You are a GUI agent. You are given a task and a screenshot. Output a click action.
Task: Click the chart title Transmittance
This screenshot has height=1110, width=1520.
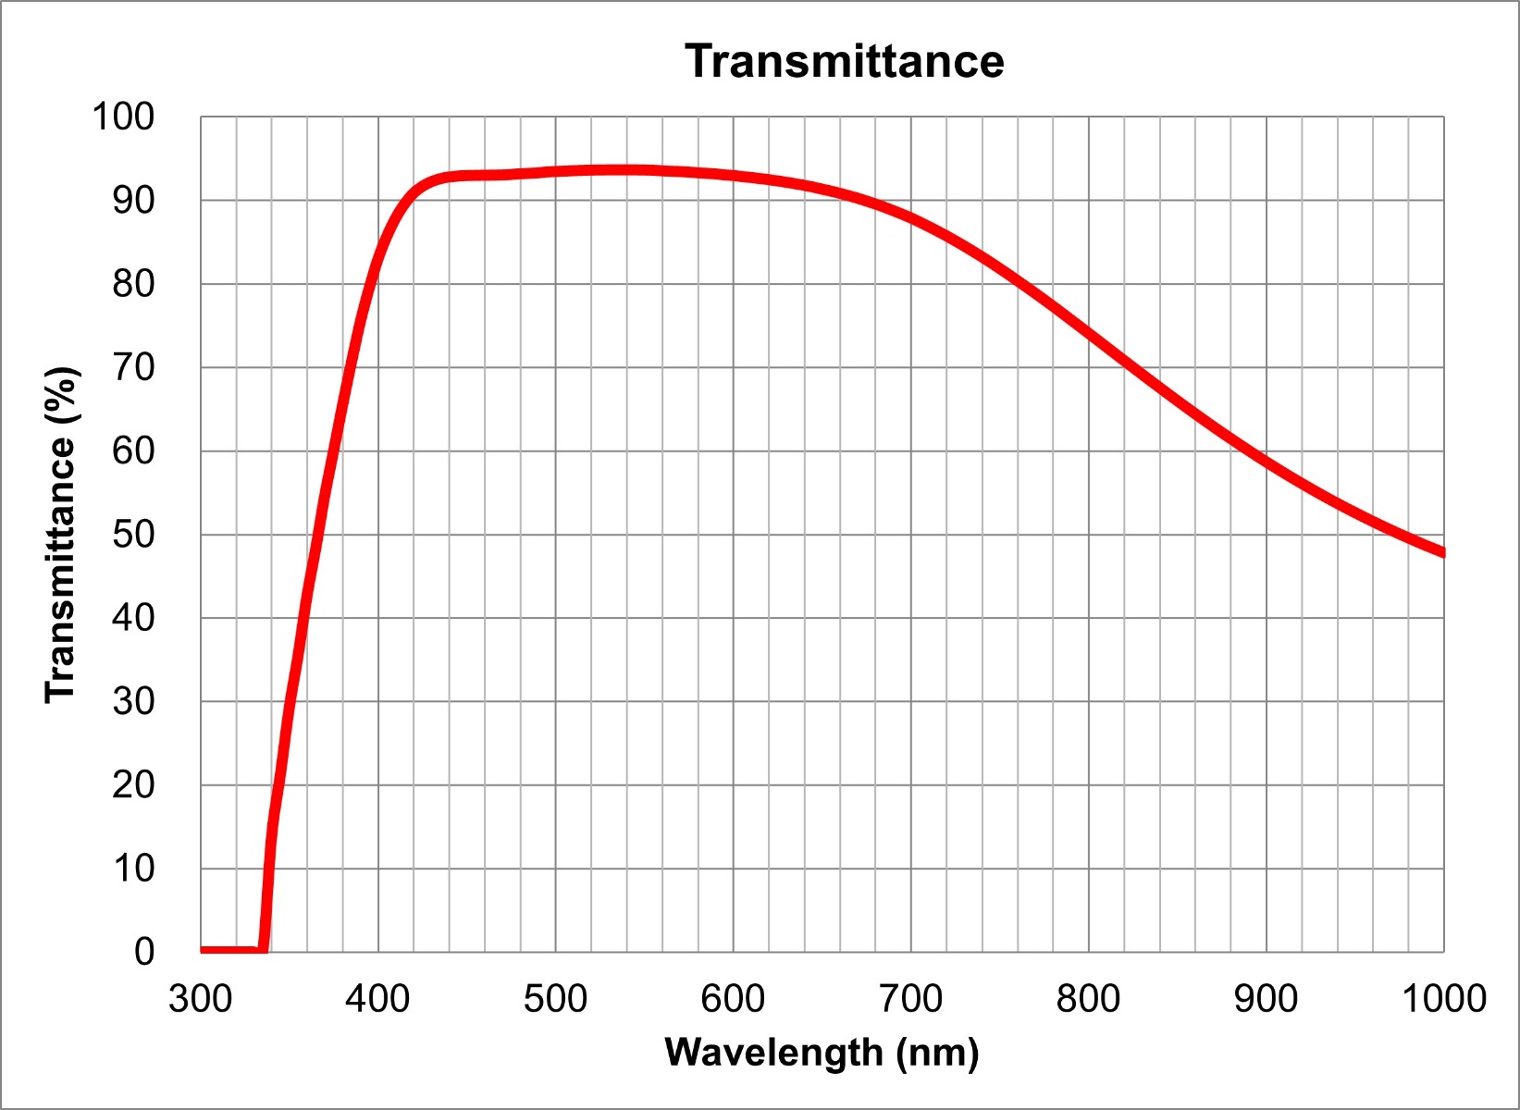pyautogui.click(x=844, y=62)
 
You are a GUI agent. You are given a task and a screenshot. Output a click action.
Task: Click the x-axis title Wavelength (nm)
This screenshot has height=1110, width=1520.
pyautogui.click(x=822, y=1053)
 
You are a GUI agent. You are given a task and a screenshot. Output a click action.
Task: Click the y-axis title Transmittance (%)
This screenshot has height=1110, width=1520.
pyautogui.click(x=62, y=535)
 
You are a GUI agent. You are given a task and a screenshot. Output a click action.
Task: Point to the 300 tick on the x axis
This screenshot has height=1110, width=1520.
pyautogui.click(x=200, y=999)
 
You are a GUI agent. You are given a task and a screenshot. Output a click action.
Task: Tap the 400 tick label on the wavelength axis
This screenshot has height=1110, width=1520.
pyautogui.click(x=377, y=999)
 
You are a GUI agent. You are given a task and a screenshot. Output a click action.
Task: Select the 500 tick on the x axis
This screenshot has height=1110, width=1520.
pyautogui.click(x=555, y=999)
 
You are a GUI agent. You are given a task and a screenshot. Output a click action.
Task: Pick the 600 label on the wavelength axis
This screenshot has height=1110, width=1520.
pyautogui.click(x=733, y=999)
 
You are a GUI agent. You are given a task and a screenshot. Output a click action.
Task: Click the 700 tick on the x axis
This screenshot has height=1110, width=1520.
pyautogui.click(x=910, y=999)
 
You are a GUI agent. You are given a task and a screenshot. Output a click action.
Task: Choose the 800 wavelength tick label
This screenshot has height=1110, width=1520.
pyautogui.click(x=1088, y=999)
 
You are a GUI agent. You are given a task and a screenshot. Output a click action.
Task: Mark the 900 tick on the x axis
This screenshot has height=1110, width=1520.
pyautogui.click(x=1266, y=999)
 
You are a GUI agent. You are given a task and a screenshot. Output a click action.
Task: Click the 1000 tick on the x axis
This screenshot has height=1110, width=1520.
pyautogui.click(x=1443, y=999)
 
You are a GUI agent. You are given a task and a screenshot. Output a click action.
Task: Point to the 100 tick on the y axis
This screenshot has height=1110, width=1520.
pyautogui.click(x=122, y=117)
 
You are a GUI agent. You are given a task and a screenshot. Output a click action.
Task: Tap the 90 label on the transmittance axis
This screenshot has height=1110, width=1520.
pyautogui.click(x=133, y=200)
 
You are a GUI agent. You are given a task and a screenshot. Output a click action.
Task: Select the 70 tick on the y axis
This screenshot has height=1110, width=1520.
pyautogui.click(x=133, y=367)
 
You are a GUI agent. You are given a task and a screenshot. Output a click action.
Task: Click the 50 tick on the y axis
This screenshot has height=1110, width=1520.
pyautogui.click(x=133, y=535)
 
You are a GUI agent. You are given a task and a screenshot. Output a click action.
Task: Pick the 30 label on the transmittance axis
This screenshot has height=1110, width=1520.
pyautogui.click(x=133, y=701)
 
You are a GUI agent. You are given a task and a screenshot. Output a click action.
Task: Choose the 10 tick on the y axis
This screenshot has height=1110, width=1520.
pyautogui.click(x=133, y=869)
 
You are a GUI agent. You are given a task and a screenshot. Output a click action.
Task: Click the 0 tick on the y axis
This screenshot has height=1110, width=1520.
pyautogui.click(x=144, y=952)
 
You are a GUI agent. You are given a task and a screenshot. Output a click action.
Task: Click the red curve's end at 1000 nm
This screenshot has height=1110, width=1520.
pyautogui.click(x=1441, y=552)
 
